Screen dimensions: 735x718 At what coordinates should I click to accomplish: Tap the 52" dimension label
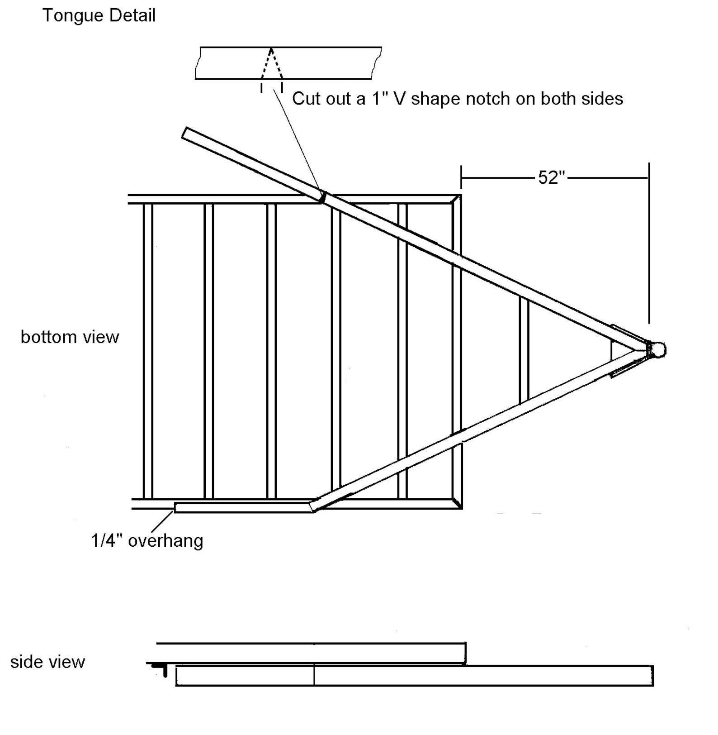pos(552,177)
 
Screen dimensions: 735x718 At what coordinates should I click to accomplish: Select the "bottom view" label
pos(70,337)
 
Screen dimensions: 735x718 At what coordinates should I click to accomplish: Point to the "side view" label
pos(47,662)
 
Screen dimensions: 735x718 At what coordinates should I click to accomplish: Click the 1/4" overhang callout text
pos(147,541)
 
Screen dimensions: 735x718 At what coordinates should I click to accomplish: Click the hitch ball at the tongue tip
pos(659,350)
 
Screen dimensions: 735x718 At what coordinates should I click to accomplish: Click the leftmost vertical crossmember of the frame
pos(148,351)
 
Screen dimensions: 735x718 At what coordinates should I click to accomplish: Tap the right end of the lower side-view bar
pos(652,676)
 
